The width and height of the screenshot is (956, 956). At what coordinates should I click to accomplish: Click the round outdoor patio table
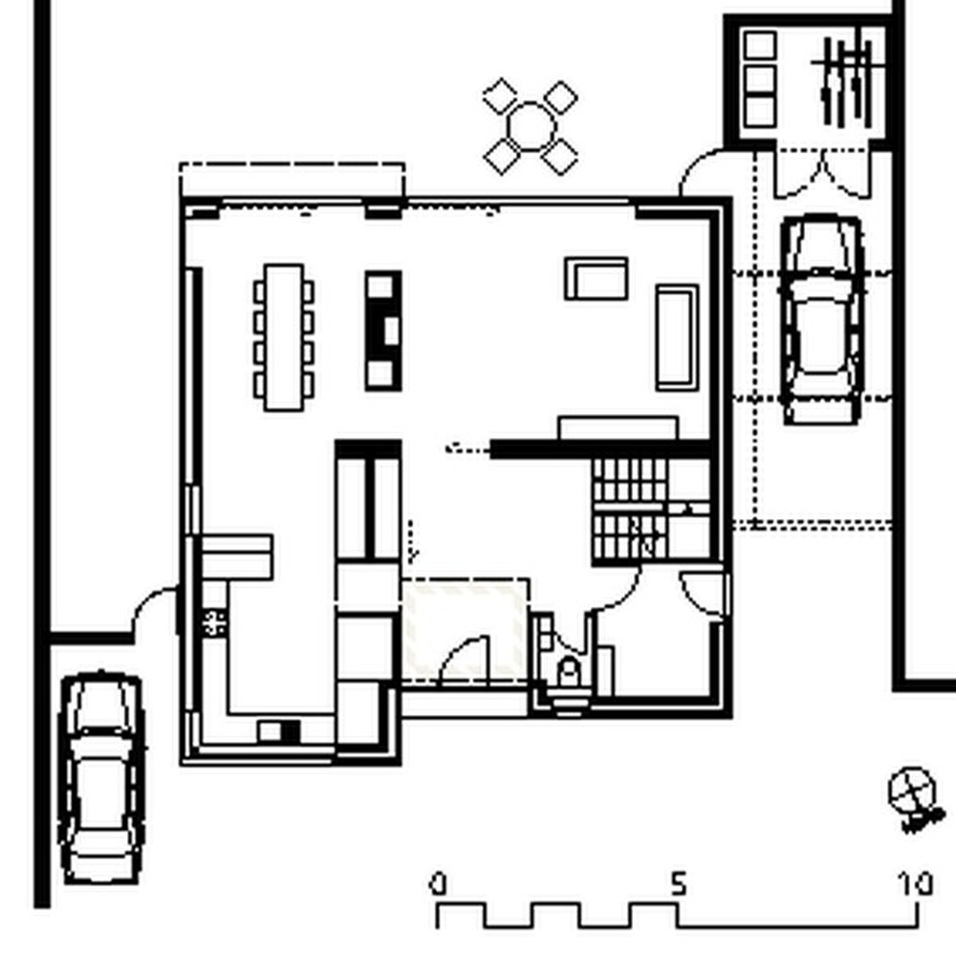pos(531,127)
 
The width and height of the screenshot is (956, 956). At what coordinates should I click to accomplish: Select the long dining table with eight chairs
pos(284,337)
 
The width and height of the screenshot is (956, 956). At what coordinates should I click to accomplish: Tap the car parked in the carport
pos(822,319)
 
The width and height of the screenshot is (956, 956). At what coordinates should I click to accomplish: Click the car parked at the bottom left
pos(102,778)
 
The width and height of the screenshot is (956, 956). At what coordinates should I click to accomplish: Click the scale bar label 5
pos(679,882)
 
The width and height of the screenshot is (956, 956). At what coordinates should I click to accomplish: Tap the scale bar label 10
pos(915,882)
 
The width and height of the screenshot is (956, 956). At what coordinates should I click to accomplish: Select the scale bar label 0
pos(438,884)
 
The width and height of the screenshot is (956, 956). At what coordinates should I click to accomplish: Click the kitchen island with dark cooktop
pos(383,331)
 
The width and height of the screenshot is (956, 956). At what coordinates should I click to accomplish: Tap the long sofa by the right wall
pos(677,337)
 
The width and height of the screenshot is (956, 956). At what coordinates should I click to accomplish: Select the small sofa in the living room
pos(597,278)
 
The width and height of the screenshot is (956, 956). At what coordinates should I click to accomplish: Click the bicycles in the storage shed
pos(847,81)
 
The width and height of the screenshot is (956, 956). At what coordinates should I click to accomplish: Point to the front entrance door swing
pos(465,660)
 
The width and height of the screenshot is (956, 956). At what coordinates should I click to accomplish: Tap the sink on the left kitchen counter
pos(214,622)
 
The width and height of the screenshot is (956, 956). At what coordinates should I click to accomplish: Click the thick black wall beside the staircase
pos(600,449)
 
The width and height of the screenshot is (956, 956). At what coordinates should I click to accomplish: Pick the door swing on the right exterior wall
pos(705,596)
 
